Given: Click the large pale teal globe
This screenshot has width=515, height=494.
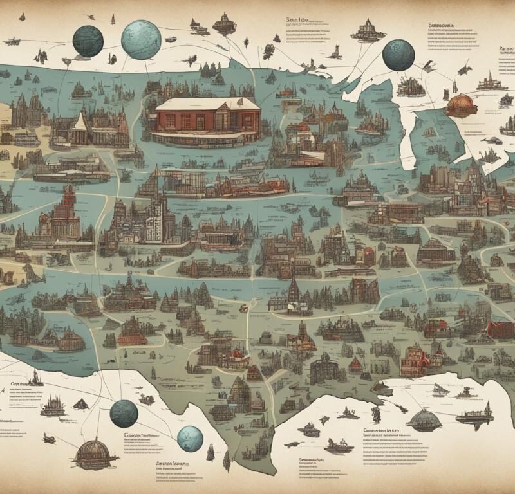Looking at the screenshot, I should point(141,40).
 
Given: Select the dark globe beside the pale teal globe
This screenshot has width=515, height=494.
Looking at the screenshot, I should point(88,41).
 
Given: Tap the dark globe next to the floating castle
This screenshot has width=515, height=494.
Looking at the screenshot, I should point(398,55).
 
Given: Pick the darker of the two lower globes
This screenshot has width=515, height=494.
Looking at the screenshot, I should point(124,414).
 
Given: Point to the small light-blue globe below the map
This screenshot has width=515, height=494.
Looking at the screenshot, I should point(190,439).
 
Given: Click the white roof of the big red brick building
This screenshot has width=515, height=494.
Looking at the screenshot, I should point(208,104).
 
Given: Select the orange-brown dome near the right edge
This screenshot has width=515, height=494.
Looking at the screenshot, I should point(461,105).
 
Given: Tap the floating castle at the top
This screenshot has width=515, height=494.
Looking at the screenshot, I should point(368,30).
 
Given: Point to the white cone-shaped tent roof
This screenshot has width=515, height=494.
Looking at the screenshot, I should point(81,122).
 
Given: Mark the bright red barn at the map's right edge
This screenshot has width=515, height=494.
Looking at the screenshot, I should point(500,329).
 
